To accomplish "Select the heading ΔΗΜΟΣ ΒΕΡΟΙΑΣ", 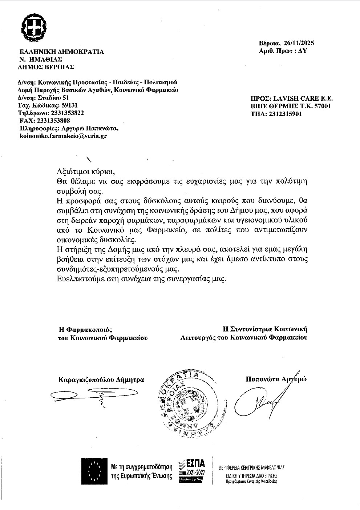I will (46, 67).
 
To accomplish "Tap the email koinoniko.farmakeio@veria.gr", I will (63, 136).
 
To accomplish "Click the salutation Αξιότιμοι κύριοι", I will (88, 172).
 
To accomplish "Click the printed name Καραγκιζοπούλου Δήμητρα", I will (101, 380).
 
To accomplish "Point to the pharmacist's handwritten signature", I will (79, 395).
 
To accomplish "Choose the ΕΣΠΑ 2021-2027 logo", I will (191, 471).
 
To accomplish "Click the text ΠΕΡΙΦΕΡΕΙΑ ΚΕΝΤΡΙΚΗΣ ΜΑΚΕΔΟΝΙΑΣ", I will (251, 467).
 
